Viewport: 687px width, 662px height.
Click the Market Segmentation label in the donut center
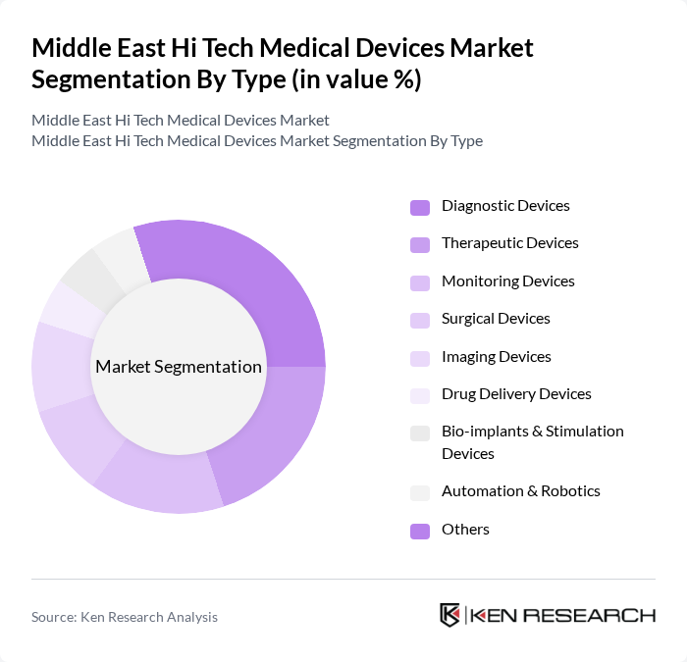point(179,367)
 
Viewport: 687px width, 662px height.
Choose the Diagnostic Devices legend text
point(505,206)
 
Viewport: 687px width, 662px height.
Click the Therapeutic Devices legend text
point(509,243)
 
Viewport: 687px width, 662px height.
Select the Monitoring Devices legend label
point(507,281)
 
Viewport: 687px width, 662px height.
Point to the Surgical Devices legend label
point(496,319)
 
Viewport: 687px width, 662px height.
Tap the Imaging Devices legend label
point(496,357)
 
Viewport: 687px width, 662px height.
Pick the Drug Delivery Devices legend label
point(516,394)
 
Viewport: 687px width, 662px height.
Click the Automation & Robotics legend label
point(520,491)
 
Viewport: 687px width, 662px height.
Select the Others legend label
point(465,530)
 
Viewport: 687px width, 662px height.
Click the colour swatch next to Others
point(420,531)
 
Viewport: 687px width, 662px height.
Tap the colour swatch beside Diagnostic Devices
point(420,207)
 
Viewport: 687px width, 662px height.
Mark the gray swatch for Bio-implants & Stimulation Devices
point(420,433)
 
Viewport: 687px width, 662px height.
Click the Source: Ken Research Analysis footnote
point(125,617)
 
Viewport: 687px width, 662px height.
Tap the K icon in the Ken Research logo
point(449,615)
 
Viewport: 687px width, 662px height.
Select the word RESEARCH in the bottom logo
point(592,616)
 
